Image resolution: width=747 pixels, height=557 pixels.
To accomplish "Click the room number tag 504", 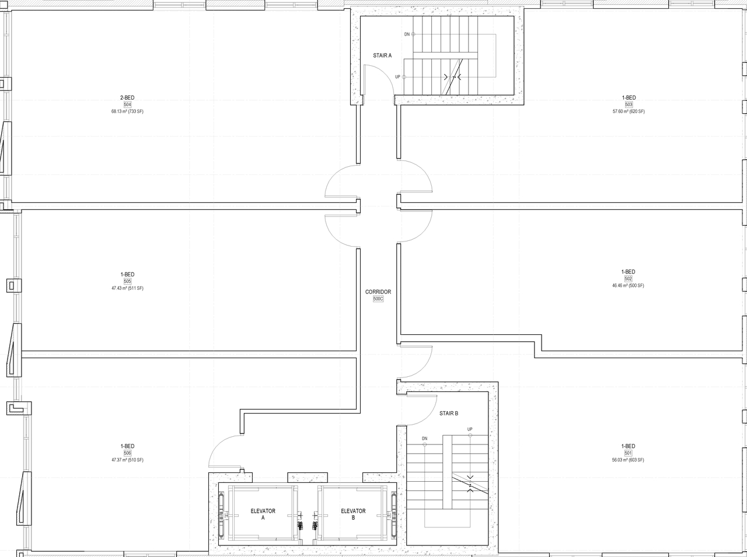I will coord(127,104).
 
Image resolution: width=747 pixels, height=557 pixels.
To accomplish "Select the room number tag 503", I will coord(629,104).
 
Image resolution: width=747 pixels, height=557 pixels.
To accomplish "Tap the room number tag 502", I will coord(628,279).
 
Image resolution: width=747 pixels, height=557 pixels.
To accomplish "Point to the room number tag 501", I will coord(628,453).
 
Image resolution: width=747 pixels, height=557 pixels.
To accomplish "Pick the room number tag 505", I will coord(127,281).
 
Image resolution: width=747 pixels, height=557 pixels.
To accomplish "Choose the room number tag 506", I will coord(127,453).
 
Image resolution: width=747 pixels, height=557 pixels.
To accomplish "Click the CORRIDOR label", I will coord(378,292).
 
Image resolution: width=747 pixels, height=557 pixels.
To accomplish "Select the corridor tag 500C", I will coord(378,299).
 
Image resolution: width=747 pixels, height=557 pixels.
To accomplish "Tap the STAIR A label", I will coord(382,55).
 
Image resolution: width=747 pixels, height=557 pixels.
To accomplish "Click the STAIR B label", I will coord(449,414).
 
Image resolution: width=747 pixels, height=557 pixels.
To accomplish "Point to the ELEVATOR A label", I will coord(263,514).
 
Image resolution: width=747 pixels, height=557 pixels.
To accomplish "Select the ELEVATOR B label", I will coord(353,514).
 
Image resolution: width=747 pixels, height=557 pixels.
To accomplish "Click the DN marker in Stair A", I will coord(407,34).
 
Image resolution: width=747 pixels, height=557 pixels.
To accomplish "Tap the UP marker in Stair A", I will coord(397,77).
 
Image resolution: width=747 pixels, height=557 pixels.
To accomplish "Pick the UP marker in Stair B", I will coord(470,429).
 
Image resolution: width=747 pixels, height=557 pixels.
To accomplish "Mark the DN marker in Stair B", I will coord(424,438).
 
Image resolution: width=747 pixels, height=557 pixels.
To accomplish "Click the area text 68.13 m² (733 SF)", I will coord(127,111).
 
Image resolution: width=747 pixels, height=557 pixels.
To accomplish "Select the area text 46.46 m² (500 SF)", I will coord(628,286).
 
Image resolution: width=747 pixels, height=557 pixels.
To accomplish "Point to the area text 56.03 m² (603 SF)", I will coord(628,460).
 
